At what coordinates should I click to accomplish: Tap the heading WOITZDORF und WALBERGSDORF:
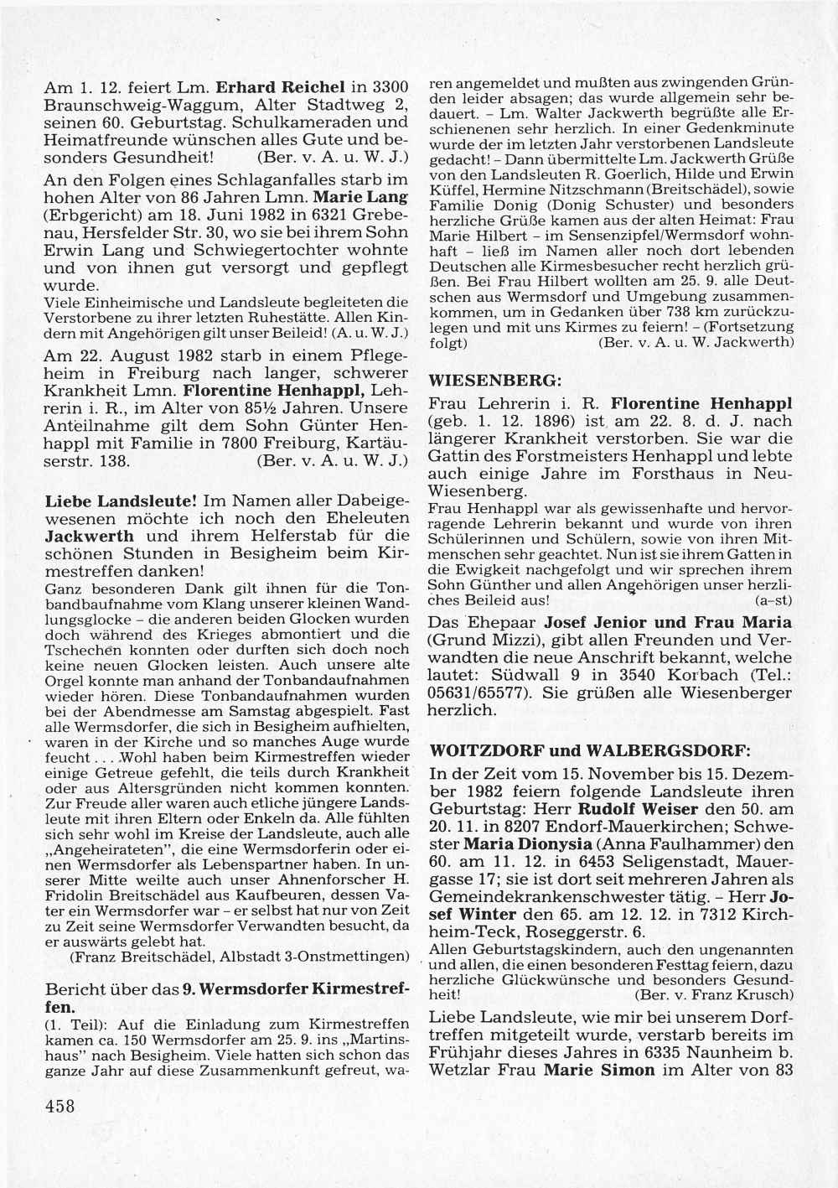(589, 749)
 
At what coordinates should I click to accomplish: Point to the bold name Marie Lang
(372, 197)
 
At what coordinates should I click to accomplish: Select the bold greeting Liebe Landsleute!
(121, 501)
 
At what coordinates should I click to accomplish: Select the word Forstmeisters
(580, 456)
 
